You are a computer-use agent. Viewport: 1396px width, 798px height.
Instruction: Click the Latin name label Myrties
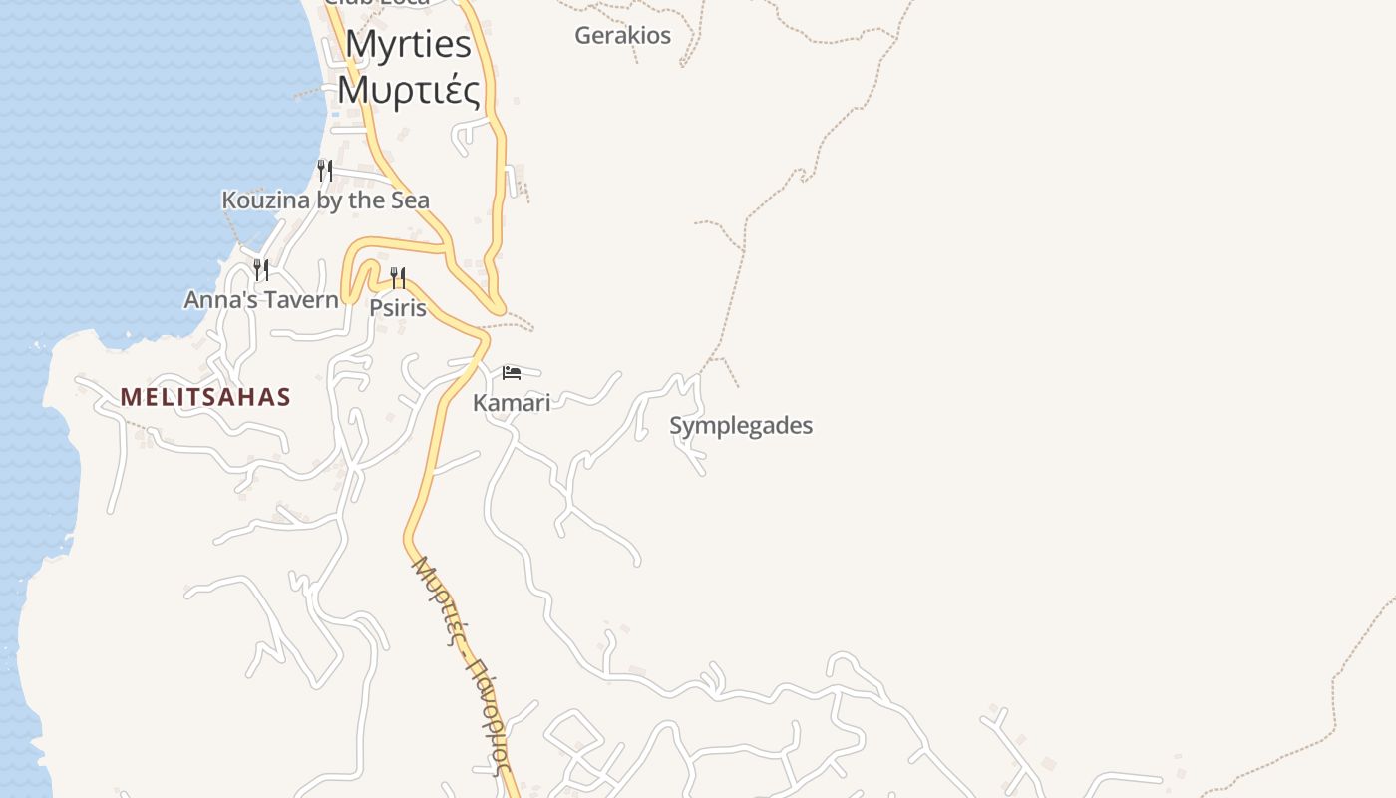tap(408, 44)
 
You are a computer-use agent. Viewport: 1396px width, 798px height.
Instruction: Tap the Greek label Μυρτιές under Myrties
tap(408, 89)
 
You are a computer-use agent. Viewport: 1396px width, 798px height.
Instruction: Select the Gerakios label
tap(622, 36)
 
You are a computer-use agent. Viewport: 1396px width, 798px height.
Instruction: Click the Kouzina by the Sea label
tap(325, 200)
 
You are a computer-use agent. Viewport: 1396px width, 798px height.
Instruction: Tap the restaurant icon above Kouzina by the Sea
tap(324, 171)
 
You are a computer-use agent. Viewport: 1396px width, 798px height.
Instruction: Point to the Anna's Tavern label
tap(261, 299)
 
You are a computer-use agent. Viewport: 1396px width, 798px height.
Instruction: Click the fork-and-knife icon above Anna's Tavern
tap(260, 269)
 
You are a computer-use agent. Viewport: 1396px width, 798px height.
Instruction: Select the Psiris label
tap(398, 308)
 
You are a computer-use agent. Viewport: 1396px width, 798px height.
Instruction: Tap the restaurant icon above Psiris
tap(398, 277)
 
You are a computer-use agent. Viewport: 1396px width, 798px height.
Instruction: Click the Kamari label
tap(512, 403)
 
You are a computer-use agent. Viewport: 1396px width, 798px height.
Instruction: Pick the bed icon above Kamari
tap(512, 373)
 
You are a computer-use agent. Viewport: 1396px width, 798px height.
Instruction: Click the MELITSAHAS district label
tap(205, 397)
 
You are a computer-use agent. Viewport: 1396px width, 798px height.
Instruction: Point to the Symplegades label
tap(741, 426)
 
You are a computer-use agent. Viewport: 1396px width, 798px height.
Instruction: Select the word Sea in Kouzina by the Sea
tap(409, 200)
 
